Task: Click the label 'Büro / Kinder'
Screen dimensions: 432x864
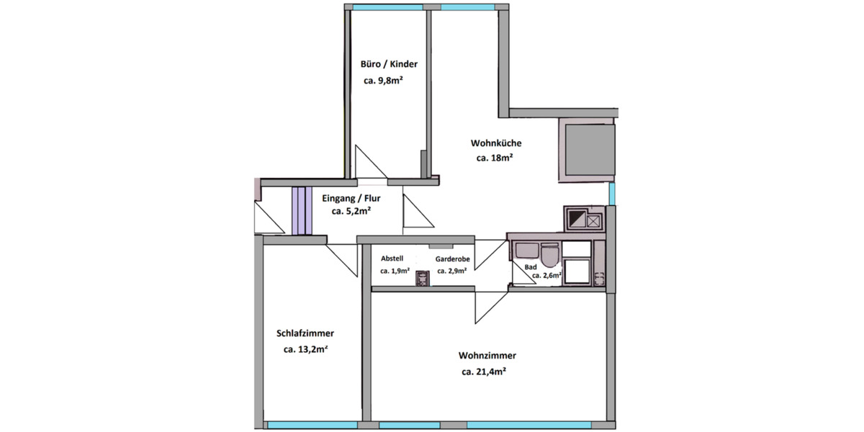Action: coord(389,64)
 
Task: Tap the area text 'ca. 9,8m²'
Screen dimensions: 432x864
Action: coord(383,81)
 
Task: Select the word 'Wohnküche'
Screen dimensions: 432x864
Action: coord(496,143)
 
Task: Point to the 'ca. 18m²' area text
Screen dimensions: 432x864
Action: coord(495,158)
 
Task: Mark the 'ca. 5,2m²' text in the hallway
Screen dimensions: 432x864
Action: coord(351,212)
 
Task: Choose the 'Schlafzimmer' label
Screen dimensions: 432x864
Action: coord(305,333)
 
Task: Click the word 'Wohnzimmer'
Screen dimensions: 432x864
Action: coord(487,356)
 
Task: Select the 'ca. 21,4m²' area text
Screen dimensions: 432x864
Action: coord(484,372)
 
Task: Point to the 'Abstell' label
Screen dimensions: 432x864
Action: coord(392,258)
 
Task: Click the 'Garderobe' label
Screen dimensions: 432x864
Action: coord(453,258)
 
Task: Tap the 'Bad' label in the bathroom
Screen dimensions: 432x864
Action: coord(531,266)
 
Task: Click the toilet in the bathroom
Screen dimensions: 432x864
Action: coord(550,256)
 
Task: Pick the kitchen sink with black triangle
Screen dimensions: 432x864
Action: coord(576,218)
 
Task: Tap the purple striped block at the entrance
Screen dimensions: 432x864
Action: coord(300,210)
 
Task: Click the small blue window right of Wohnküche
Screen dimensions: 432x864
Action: coord(612,193)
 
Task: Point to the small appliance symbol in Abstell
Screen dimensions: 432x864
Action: coord(423,279)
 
